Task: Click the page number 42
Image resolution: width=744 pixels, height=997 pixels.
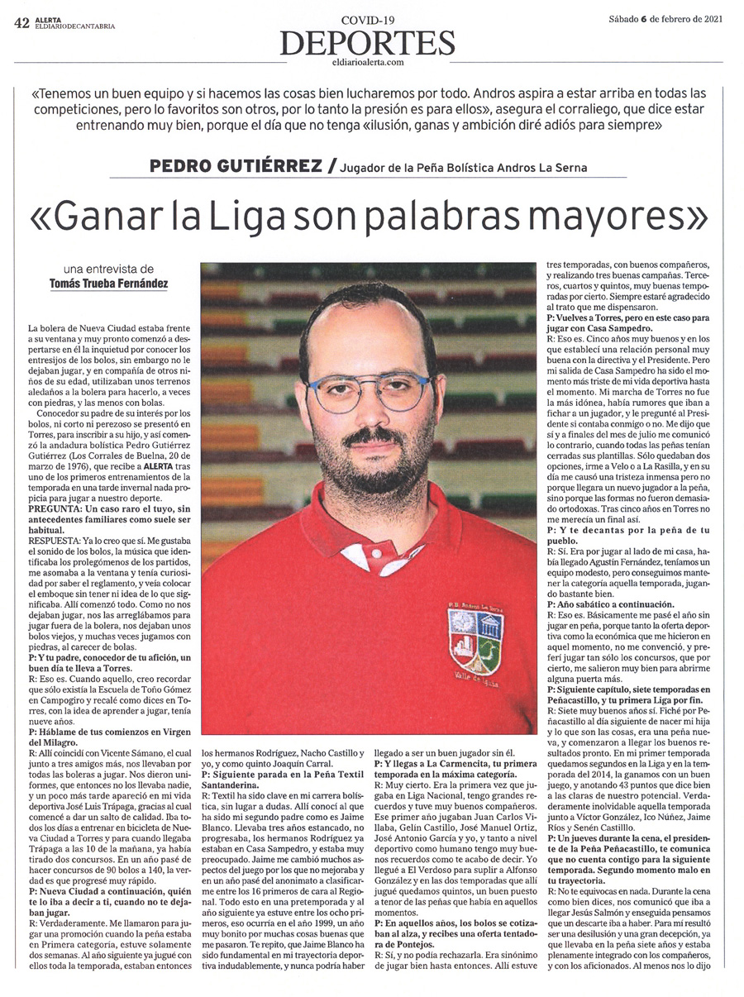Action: tap(21, 23)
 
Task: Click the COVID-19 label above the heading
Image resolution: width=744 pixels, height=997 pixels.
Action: tap(367, 19)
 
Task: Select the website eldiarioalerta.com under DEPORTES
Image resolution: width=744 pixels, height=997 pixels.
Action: tap(367, 61)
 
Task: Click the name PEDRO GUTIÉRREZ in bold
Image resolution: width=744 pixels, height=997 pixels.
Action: tap(236, 167)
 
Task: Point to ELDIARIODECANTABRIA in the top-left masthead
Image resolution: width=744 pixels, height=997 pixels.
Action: tap(74, 26)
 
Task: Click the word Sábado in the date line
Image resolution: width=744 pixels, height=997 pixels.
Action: tap(624, 20)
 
